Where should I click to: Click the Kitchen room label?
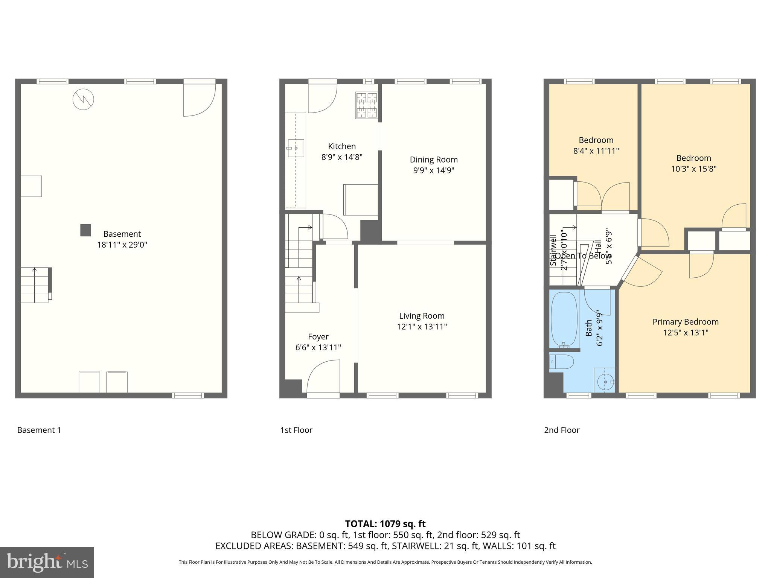[341, 146]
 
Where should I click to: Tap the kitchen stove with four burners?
[366, 105]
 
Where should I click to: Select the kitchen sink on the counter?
[296, 148]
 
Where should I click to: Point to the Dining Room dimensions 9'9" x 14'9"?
[434, 170]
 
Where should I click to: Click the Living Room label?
[422, 316]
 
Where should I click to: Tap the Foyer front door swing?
[323, 376]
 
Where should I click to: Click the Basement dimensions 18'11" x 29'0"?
[122, 245]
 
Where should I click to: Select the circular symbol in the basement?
[83, 99]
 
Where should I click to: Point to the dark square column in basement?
[85, 230]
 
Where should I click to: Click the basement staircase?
[35, 285]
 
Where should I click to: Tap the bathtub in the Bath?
[564, 319]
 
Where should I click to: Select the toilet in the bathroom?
[562, 362]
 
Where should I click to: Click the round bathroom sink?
[605, 382]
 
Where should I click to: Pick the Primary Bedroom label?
[685, 322]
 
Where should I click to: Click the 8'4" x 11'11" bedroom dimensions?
[596, 151]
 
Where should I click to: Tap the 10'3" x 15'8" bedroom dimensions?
[693, 169]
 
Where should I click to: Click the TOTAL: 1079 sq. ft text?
[385, 523]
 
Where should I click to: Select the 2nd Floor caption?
[561, 430]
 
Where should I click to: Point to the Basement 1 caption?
[39, 430]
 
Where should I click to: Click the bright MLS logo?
[47, 562]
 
